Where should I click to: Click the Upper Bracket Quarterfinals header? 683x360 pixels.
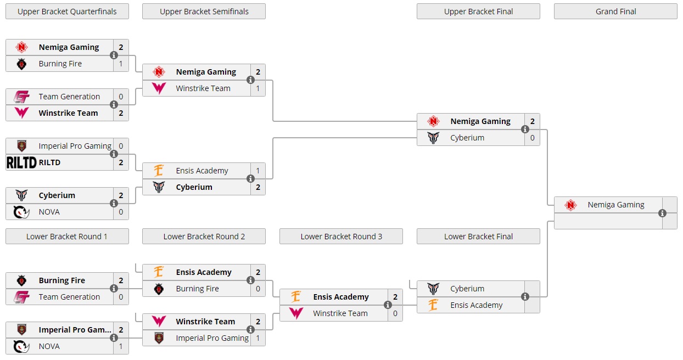coord(67,12)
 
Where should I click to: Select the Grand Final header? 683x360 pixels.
coord(615,12)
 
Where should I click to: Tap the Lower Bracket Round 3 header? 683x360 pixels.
coord(341,237)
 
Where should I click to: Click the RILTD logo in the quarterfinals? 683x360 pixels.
coord(21,162)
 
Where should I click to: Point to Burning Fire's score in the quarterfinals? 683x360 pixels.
coord(121,64)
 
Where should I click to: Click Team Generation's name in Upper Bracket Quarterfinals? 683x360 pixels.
coord(69,97)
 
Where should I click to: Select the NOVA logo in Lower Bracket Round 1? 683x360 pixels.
coord(21,346)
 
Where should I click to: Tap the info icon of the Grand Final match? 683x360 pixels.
coord(662,213)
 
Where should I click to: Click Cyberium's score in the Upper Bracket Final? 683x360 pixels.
coord(532,138)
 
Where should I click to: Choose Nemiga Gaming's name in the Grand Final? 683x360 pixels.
coord(616,205)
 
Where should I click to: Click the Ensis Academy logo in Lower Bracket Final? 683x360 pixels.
coord(433,305)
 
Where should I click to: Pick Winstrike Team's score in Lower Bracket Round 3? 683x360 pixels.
coord(395,313)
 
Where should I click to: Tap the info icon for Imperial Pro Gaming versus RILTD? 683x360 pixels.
coord(114,154)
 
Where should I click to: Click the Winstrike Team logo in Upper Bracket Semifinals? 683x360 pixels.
coord(159,88)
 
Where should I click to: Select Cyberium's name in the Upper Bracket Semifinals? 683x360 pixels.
coord(194,187)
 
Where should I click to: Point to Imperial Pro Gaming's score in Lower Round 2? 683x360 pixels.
coord(258,338)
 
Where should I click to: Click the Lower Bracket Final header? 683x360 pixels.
coord(478,237)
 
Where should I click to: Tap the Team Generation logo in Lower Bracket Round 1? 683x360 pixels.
coord(21,297)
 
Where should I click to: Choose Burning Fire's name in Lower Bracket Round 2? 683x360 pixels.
coord(197,289)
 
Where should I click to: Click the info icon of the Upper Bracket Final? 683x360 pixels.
coord(525,130)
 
